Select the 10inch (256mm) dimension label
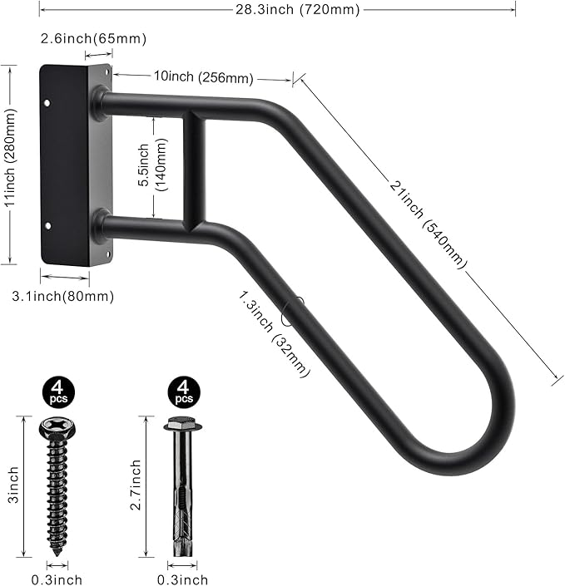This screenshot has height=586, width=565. coord(203,76)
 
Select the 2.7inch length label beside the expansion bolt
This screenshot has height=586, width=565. coord(136,486)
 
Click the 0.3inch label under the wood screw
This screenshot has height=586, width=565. coord(57,579)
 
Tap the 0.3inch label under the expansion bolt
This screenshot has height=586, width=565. coord(182,579)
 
